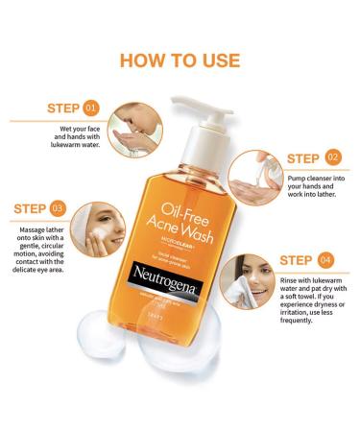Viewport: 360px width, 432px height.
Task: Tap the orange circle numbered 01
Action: pos(91,108)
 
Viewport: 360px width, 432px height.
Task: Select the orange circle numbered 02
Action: pos(332,156)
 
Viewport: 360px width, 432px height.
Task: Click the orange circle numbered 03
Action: pos(58,206)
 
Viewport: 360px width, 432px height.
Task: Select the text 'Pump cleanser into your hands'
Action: pos(311,184)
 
